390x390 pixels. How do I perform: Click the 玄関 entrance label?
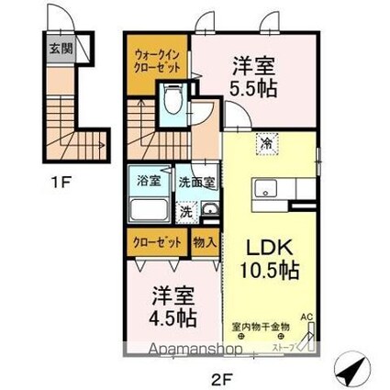point(58,48)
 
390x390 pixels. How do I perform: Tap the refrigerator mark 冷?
point(265,143)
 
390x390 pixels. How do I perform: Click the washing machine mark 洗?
point(187,211)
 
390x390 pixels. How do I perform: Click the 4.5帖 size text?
point(172,317)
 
